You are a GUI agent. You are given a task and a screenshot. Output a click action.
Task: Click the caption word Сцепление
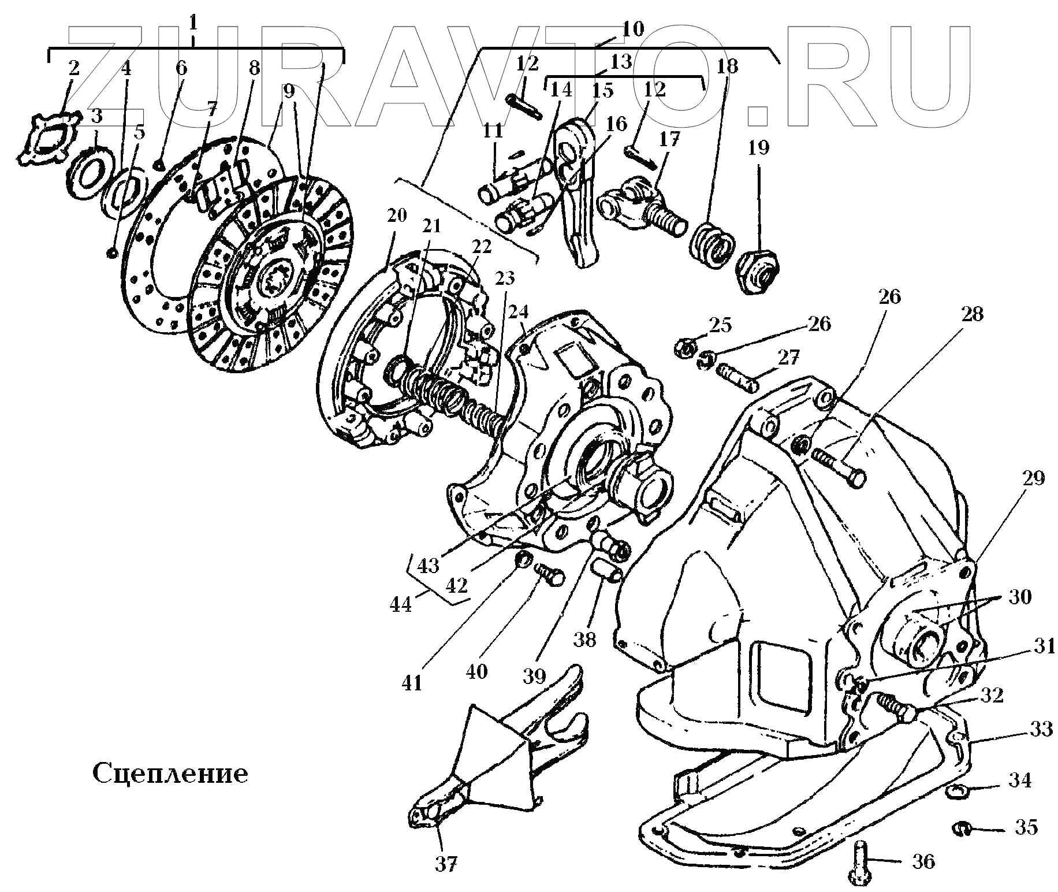[x=170, y=773]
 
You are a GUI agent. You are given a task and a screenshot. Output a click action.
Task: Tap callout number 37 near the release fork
[x=446, y=864]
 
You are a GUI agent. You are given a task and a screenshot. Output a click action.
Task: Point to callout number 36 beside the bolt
[x=923, y=861]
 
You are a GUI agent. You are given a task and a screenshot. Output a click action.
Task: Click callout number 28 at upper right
[x=971, y=315]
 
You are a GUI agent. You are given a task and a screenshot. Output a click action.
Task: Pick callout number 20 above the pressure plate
[x=397, y=216]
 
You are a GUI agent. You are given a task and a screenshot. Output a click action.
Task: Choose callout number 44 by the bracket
[x=401, y=604]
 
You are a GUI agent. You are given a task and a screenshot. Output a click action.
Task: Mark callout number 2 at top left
[x=73, y=69]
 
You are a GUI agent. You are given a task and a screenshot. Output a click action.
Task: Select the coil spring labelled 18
[x=711, y=246]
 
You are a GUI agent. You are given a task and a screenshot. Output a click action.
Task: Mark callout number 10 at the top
[x=633, y=29]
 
